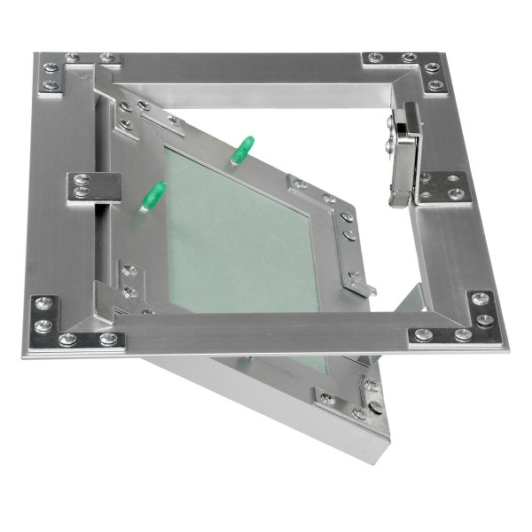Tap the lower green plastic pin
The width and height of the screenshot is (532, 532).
click(x=153, y=195)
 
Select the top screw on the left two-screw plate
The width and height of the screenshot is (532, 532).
click(x=83, y=180)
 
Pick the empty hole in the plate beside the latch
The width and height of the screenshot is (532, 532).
click(x=458, y=178)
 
